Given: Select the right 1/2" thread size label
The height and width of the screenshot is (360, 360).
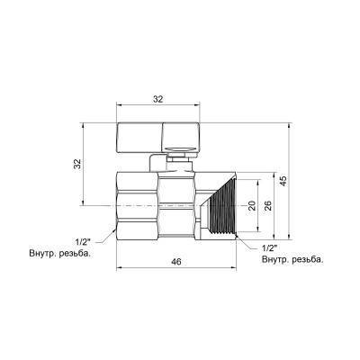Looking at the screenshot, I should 267,247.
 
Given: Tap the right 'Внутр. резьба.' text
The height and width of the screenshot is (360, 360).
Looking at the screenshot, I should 292,259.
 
